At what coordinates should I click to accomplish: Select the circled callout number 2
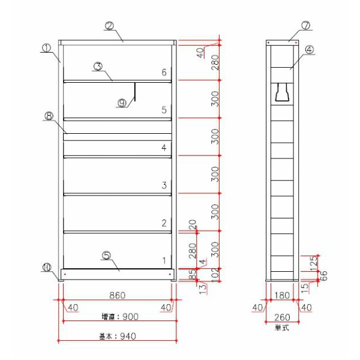click(x=109, y=26)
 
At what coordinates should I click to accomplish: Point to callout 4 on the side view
click(x=310, y=50)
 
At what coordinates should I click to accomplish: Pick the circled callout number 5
click(x=106, y=255)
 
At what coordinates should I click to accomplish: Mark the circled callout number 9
click(x=122, y=103)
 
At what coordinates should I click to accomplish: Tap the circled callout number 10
click(x=47, y=268)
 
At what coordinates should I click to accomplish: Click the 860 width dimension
click(x=117, y=296)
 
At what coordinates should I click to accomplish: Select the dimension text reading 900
click(x=127, y=316)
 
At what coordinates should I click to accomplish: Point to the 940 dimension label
click(x=127, y=336)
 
